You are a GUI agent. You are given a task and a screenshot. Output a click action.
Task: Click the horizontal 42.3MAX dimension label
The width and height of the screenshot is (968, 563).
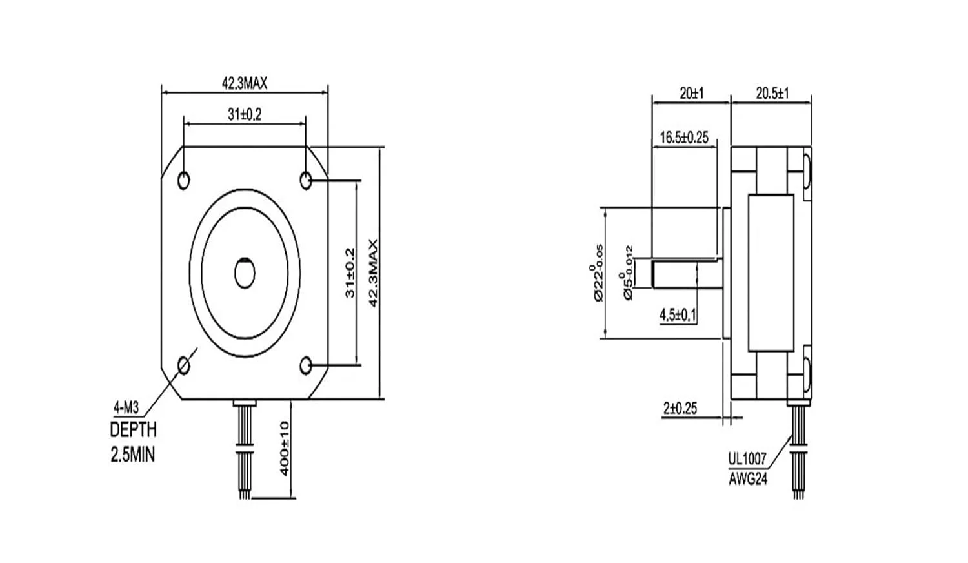pyautogui.click(x=245, y=83)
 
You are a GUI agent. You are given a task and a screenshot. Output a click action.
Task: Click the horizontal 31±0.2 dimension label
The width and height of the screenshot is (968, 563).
pyautogui.click(x=244, y=114)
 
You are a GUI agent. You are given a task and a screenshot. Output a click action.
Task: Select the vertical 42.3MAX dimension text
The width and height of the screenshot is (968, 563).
pyautogui.click(x=372, y=273)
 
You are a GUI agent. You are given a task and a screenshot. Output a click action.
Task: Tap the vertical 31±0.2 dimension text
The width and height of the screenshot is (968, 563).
pyautogui.click(x=350, y=273)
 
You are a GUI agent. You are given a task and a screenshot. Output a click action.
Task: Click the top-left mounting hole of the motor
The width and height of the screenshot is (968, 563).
pyautogui.click(x=184, y=179)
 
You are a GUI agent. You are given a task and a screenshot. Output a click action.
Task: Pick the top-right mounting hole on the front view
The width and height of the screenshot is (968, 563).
pyautogui.click(x=307, y=179)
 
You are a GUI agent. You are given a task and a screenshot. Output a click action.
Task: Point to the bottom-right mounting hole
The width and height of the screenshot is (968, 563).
pyautogui.click(x=307, y=366)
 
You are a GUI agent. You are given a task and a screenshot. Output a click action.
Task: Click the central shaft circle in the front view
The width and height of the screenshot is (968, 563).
pyautogui.click(x=245, y=272)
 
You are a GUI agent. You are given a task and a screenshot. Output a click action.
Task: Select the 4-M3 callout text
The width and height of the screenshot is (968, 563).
pyautogui.click(x=126, y=407)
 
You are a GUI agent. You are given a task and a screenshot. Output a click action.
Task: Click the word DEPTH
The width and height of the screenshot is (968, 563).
pyautogui.click(x=133, y=429)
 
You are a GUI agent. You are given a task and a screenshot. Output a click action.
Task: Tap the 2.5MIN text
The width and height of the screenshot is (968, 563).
pyautogui.click(x=133, y=455)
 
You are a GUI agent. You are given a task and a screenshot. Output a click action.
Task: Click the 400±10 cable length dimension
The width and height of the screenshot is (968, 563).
pyautogui.click(x=285, y=448)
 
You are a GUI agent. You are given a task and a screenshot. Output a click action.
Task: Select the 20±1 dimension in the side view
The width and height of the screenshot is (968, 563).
pyautogui.click(x=692, y=94)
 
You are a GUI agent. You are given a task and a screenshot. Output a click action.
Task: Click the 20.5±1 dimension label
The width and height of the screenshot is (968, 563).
pyautogui.click(x=772, y=94)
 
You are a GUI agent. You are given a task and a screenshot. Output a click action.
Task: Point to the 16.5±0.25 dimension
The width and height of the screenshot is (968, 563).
pyautogui.click(x=684, y=137)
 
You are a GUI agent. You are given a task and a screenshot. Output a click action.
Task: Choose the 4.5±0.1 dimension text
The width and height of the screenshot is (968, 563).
pyautogui.click(x=678, y=315)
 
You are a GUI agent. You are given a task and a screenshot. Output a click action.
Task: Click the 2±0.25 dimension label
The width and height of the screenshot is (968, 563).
pyautogui.click(x=680, y=408)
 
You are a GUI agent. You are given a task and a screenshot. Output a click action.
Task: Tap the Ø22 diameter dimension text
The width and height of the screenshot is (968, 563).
pyautogui.click(x=597, y=273)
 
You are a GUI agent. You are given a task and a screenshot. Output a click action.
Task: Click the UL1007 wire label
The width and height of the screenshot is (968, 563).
pyautogui.click(x=747, y=459)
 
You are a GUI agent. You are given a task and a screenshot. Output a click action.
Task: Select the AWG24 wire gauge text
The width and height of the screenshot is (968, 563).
pyautogui.click(x=748, y=479)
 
